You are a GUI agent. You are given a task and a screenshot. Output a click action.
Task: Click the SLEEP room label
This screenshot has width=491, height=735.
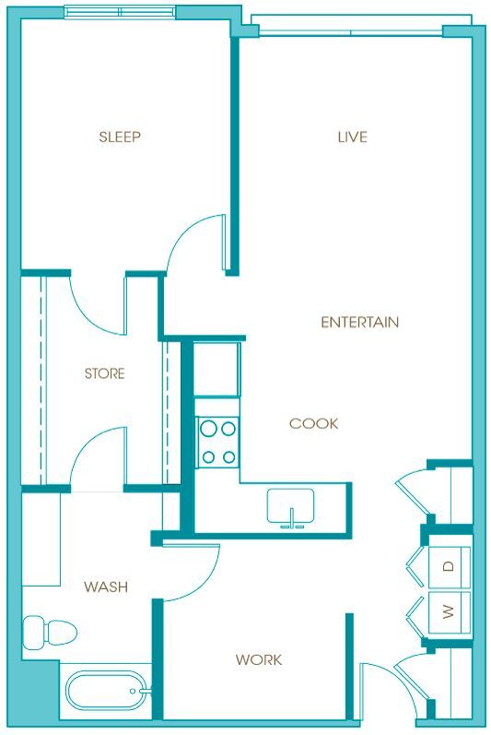click(120, 137)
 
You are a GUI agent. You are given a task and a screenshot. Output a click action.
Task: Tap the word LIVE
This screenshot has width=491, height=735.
click(352, 137)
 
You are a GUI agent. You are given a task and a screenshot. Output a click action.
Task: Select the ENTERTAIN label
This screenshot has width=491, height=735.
click(359, 322)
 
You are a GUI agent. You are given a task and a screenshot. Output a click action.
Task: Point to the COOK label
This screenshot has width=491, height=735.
click(313, 423)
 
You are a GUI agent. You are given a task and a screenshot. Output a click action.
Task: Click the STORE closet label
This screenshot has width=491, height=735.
click(104, 373)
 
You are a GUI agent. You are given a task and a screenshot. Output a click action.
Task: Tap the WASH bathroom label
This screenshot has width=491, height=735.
click(105, 587)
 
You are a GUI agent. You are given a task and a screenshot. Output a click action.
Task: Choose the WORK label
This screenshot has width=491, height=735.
click(258, 659)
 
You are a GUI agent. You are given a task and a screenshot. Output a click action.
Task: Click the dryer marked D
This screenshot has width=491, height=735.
click(449, 566)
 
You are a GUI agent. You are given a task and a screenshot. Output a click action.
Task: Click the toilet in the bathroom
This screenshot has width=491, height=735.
click(50, 633)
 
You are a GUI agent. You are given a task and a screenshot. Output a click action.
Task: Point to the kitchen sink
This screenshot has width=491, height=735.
click(291, 507)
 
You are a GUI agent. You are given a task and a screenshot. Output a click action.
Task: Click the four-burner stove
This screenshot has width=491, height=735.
click(217, 442)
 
